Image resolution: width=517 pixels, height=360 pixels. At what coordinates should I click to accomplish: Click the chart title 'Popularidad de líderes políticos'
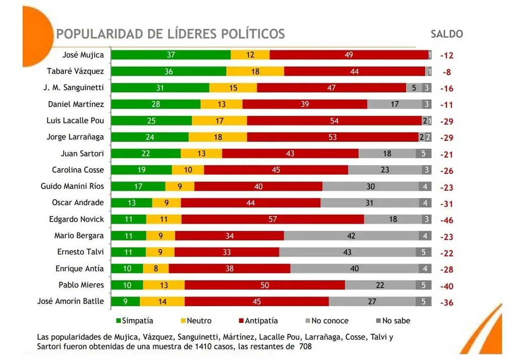coord(171,34)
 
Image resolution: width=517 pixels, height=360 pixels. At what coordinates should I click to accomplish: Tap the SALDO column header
coord(446,34)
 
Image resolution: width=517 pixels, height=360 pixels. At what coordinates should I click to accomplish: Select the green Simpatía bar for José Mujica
coord(171,55)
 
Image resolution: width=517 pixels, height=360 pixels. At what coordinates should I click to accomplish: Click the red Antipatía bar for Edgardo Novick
coord(273,219)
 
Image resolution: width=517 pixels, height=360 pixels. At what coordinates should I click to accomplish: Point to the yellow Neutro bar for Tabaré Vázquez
coord(255,72)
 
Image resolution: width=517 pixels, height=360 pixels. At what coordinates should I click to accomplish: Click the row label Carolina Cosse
coord(78,170)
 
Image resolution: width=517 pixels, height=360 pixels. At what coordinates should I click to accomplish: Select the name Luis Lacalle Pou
coord(76,121)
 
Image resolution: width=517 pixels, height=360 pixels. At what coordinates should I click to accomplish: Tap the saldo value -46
coord(447,220)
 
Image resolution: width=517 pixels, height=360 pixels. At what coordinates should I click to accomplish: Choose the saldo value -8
coord(447,72)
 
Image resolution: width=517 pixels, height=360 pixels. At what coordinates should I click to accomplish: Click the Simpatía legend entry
coord(134,321)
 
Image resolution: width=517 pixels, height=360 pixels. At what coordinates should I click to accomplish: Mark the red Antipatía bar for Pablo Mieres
coord(265,285)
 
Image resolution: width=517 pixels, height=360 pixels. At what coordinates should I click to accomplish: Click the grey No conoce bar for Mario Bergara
coord(351,236)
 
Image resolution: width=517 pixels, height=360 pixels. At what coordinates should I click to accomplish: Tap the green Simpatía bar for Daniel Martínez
coord(156,105)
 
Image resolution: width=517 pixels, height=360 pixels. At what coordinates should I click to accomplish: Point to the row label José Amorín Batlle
coord(71,301)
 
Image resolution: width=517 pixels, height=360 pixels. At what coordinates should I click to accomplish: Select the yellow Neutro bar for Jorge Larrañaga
coord(218,137)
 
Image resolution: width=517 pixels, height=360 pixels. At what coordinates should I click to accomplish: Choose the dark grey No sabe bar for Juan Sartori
coord(424,153)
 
